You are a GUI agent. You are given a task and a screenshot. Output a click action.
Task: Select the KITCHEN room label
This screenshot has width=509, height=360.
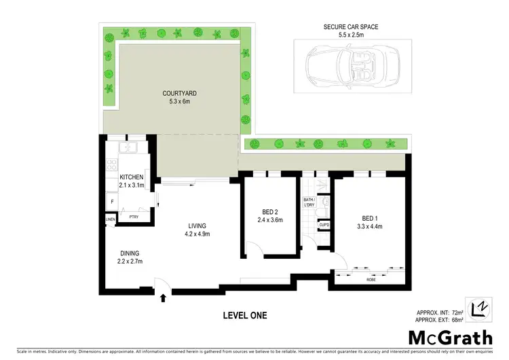pos(132,177)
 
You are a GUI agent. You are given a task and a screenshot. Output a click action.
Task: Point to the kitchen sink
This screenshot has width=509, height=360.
pos(128,147)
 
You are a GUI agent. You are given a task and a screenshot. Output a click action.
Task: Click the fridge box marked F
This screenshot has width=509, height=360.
pos(111,202)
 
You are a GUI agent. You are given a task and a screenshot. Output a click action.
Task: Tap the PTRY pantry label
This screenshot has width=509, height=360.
pos(134,217)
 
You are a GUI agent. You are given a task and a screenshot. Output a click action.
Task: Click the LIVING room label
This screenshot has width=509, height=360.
pos(197,226)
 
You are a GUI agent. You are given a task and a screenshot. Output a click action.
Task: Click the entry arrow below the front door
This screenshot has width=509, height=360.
pos(163,297)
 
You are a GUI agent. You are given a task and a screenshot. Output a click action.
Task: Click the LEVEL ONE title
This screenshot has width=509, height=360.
pos(245,315)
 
